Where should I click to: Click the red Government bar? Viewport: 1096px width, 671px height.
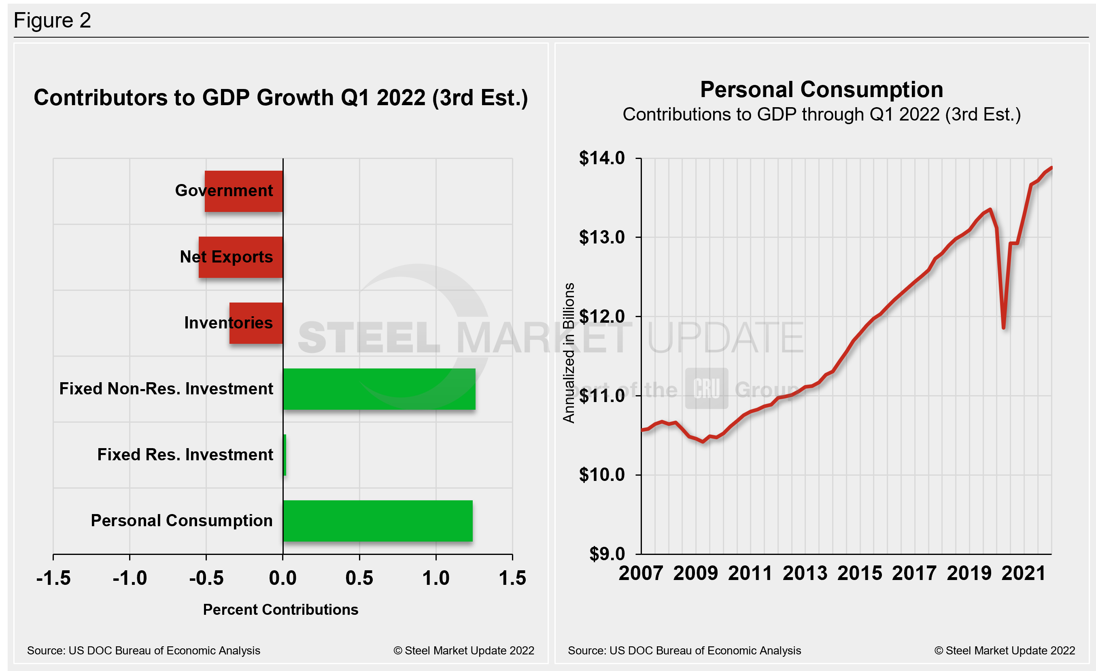(x=244, y=191)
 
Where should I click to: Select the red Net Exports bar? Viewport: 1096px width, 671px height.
(x=241, y=257)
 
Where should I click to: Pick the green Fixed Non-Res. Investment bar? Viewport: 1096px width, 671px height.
(x=379, y=389)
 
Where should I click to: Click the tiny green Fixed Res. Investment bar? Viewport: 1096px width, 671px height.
(x=285, y=455)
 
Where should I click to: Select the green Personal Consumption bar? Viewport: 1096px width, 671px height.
(x=378, y=521)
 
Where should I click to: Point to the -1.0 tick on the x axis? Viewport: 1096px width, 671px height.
(x=130, y=578)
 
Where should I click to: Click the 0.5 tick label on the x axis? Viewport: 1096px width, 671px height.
(x=359, y=578)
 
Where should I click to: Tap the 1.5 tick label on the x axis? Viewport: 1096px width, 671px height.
(x=512, y=578)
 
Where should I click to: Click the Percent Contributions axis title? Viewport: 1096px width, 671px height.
(x=280, y=610)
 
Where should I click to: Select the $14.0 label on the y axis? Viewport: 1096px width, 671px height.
(x=601, y=158)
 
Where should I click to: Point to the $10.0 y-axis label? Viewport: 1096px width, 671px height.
(x=601, y=475)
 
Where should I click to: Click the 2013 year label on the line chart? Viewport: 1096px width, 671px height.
(x=805, y=573)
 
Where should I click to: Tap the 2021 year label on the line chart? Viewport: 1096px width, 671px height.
(x=1024, y=573)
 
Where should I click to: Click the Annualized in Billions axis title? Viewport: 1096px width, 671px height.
(x=569, y=353)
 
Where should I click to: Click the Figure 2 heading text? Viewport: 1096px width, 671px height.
(x=52, y=21)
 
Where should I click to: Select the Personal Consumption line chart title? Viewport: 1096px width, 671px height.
(x=822, y=90)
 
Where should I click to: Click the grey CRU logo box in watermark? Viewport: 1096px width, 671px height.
(x=706, y=388)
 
